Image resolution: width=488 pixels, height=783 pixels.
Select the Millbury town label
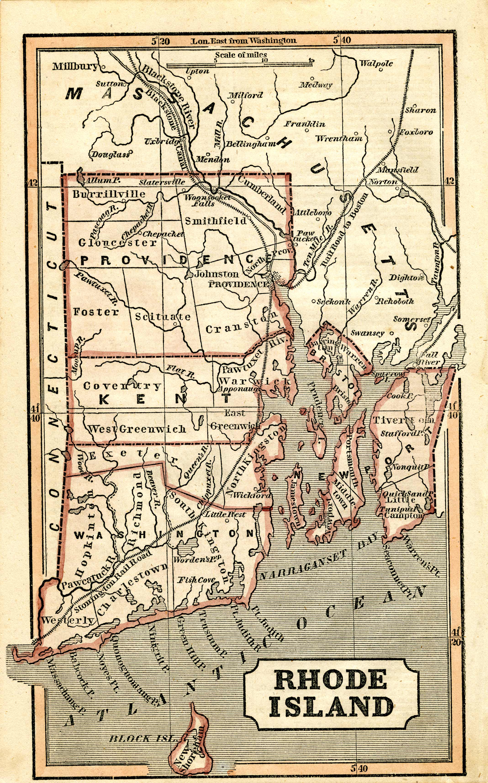pyautogui.click(x=75, y=66)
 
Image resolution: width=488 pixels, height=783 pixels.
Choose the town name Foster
pyautogui.click(x=96, y=312)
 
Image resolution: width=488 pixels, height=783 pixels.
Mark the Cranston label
pyautogui.click(x=241, y=323)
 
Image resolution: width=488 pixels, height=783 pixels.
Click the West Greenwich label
pyautogui.click(x=137, y=429)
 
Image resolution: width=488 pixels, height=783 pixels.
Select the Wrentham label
pyautogui.click(x=339, y=139)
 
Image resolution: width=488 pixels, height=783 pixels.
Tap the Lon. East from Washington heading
pyautogui.click(x=244, y=41)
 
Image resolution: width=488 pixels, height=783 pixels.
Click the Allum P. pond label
pyautogui.click(x=102, y=181)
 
